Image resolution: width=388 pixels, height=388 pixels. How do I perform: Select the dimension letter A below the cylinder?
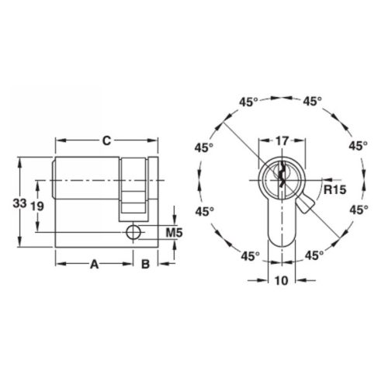[x=94, y=265]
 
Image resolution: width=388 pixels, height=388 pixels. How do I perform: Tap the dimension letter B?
[x=145, y=265]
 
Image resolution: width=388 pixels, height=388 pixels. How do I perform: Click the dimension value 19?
[x=36, y=205]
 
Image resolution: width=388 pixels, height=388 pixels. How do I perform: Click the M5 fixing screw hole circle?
[x=133, y=232]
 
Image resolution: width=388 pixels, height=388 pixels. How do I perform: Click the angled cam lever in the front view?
[x=305, y=205]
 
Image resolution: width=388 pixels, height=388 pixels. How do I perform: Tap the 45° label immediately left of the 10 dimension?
[x=249, y=255]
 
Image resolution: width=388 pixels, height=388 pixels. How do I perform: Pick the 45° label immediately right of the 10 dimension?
[x=314, y=255]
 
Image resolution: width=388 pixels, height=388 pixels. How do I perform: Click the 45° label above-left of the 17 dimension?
[x=248, y=101]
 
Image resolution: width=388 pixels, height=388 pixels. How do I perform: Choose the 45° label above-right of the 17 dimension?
[x=314, y=101]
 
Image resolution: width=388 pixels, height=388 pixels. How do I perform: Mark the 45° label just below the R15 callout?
[x=358, y=210]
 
